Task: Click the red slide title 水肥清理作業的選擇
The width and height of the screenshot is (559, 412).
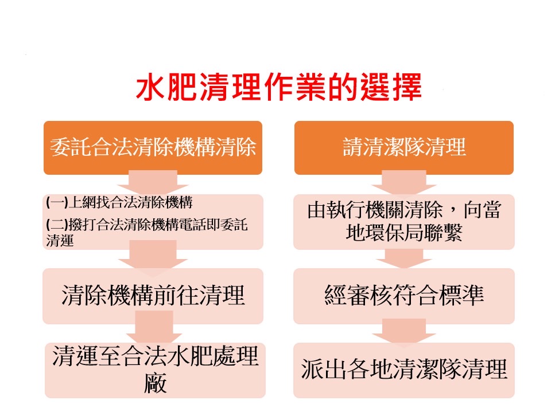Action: [279, 87]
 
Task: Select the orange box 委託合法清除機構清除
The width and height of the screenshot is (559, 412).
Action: [153, 147]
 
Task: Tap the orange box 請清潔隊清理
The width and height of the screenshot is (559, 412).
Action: [404, 147]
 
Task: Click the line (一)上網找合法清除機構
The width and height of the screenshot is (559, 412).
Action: [119, 202]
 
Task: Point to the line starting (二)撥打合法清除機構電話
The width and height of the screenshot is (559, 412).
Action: [146, 232]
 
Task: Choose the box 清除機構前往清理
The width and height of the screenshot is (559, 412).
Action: [153, 296]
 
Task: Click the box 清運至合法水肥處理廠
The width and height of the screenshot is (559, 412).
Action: [155, 370]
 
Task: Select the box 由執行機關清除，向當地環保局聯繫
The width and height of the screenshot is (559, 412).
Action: [404, 222]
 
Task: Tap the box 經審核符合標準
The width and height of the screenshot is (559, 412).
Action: [404, 296]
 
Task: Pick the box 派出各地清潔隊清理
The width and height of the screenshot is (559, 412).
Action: [404, 370]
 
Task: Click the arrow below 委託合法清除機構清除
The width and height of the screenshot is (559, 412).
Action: [153, 182]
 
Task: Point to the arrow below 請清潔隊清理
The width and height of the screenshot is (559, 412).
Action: [404, 182]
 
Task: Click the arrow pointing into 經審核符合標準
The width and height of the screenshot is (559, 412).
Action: [404, 258]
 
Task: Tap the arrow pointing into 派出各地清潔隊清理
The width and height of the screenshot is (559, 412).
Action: [404, 331]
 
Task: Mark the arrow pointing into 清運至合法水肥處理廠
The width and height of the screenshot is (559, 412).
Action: [154, 327]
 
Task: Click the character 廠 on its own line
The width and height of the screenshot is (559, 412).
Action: [156, 383]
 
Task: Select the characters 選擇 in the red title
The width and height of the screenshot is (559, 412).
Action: [391, 87]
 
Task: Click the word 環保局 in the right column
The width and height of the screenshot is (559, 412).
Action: [403, 233]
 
